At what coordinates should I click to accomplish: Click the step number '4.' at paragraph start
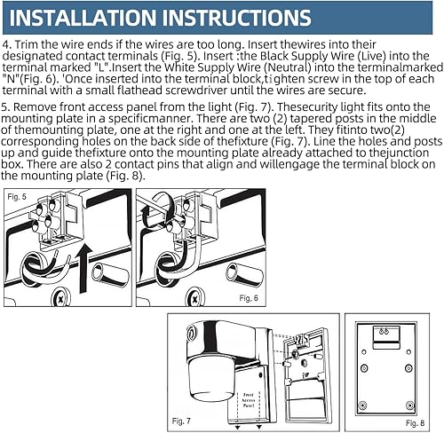pos(8,43)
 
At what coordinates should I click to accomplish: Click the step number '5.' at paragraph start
pos(8,104)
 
